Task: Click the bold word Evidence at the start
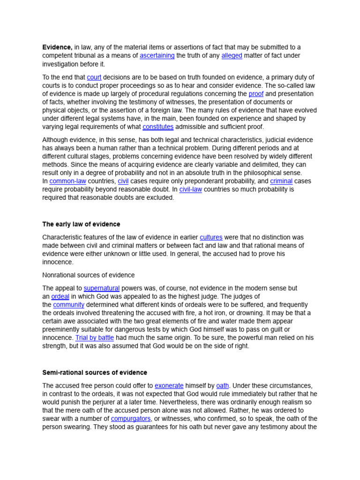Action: [57, 47]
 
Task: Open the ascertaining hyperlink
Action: [157, 55]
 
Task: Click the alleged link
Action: [232, 55]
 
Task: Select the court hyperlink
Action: [94, 77]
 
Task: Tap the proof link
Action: [256, 94]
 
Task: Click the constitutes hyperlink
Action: [158, 127]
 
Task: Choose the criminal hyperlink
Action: [281, 181]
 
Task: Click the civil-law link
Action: [190, 189]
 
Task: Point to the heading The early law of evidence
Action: [81, 224]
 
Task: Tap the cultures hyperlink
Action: [211, 237]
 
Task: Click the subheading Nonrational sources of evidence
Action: [88, 275]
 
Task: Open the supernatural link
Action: [102, 288]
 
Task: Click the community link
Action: [68, 305]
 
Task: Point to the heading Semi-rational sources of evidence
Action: [95, 372]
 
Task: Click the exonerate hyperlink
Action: [169, 385]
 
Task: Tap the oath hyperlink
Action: [223, 385]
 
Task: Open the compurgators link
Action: [131, 418]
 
